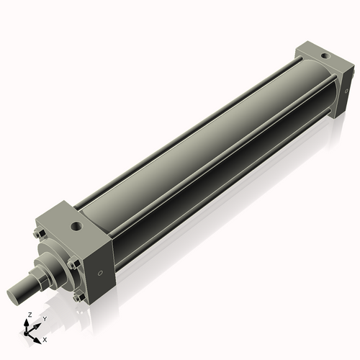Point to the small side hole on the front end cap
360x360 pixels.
(x=100, y=272)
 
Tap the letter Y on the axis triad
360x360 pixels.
(x=44, y=318)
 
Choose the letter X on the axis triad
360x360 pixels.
(x=45, y=338)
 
